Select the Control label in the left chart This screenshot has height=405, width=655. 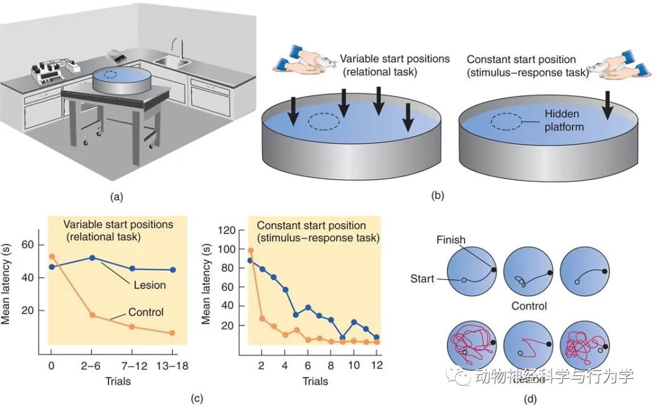pyautogui.click(x=146, y=312)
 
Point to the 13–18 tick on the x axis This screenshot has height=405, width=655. pyautogui.click(x=173, y=368)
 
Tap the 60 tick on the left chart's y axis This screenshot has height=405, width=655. pyautogui.click(x=28, y=244)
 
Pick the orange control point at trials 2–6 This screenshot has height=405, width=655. pyautogui.click(x=92, y=315)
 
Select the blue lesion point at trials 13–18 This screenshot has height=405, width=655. pyautogui.click(x=173, y=270)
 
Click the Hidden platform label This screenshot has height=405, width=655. pyautogui.click(x=562, y=120)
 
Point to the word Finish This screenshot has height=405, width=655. pyautogui.click(x=451, y=240)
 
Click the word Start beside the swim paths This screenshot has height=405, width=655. pyautogui.click(x=422, y=279)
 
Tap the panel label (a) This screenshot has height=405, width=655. pyautogui.click(x=116, y=196)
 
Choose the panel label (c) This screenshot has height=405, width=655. pyautogui.click(x=195, y=398)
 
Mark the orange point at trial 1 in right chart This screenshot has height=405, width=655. pyautogui.click(x=250, y=250)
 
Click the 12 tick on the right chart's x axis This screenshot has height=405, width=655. pyautogui.click(x=377, y=366)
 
